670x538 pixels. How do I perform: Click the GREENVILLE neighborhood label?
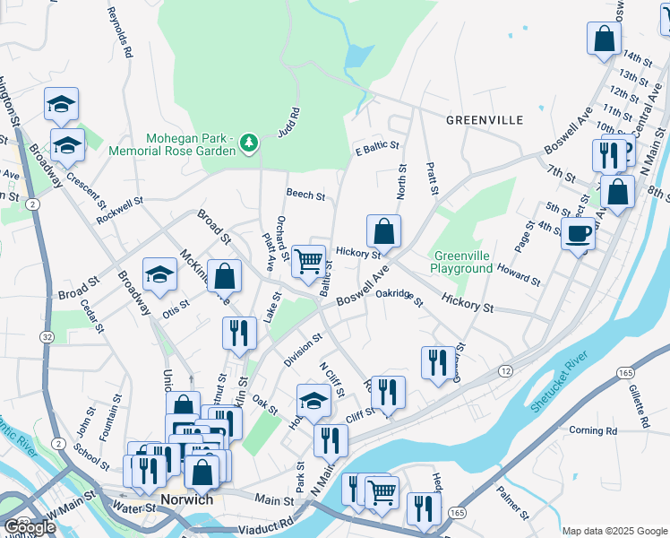click(x=484, y=119)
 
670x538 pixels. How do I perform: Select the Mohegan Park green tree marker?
click(x=249, y=142)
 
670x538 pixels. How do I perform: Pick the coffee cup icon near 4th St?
click(x=578, y=235)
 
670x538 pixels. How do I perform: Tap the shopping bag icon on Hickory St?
click(x=383, y=231)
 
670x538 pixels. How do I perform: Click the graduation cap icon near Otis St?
click(x=159, y=274)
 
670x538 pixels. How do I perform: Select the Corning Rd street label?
click(x=593, y=430)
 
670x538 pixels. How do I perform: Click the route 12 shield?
click(x=506, y=371)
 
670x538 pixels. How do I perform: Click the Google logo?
click(x=30, y=527)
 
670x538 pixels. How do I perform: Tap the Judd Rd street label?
click(x=291, y=122)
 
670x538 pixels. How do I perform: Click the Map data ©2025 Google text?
click(x=614, y=531)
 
